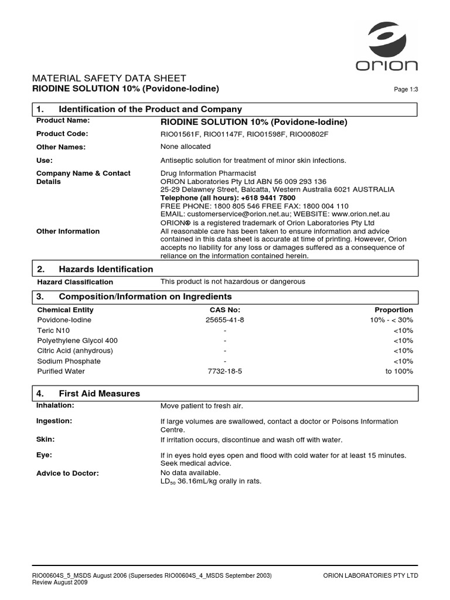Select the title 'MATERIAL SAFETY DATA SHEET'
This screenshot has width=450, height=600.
pos(111,78)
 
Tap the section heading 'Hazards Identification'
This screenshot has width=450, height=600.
pos(106,269)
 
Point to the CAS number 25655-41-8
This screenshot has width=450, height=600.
pos(225,320)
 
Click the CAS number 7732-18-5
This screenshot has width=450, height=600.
pos(225,371)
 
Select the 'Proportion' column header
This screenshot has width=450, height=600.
pos(394,310)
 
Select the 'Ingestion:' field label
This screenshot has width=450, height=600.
pos(54,421)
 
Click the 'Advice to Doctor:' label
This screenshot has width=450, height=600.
pos(67,473)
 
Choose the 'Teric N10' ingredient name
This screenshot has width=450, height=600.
pos(53,330)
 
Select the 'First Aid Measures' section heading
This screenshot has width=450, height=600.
pos(100,393)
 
